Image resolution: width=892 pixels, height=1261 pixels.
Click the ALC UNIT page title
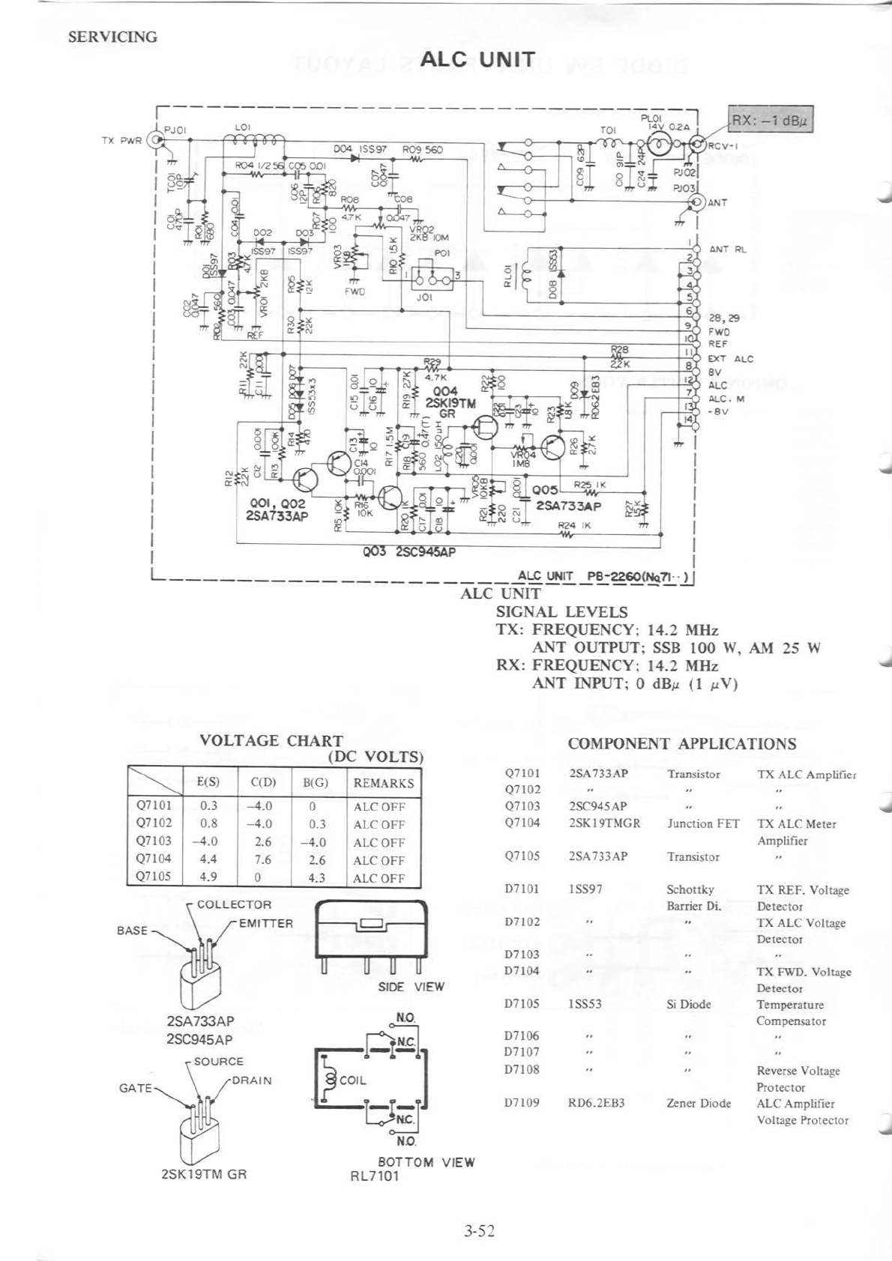(477, 59)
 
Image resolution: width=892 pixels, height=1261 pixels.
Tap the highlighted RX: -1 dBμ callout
(771, 120)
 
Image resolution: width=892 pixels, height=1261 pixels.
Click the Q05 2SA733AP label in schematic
(567, 499)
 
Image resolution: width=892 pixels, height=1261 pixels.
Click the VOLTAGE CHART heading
(271, 740)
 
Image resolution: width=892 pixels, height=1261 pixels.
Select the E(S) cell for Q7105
(208, 877)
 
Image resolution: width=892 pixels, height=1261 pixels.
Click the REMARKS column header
(383, 783)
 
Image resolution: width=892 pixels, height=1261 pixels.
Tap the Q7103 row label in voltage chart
(154, 841)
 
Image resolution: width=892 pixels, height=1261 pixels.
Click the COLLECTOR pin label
(234, 904)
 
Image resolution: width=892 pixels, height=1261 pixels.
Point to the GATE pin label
(136, 1087)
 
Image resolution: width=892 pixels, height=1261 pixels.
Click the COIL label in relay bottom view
(352, 1080)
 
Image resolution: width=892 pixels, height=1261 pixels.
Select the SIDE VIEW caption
(411, 987)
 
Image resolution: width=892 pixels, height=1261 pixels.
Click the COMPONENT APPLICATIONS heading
(681, 743)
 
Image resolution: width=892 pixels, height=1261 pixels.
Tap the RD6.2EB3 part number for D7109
(597, 1103)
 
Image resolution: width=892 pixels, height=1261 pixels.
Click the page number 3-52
(479, 1230)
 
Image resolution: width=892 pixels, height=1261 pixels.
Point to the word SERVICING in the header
(112, 37)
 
